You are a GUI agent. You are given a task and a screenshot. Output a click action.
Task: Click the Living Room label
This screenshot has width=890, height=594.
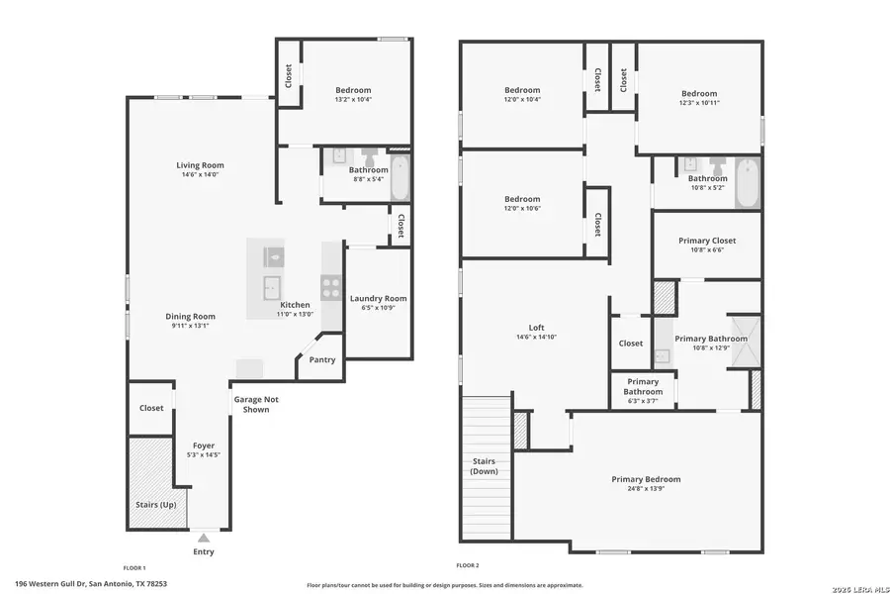coord(200,165)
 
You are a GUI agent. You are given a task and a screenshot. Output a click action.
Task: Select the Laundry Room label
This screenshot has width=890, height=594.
coord(378,298)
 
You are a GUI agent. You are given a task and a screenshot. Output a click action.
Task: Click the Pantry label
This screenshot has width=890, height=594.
coord(322,360)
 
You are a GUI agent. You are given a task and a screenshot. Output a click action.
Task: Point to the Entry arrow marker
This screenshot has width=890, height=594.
coord(203,538)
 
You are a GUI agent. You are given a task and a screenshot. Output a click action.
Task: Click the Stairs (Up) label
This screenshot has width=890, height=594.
coord(155,505)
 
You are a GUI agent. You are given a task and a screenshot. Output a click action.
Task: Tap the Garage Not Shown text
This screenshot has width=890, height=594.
coord(250,404)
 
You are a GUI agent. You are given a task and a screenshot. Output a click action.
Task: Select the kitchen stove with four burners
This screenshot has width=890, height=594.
coord(331,285)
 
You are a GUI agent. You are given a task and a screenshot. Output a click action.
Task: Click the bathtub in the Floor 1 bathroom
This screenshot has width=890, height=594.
coord(399,178)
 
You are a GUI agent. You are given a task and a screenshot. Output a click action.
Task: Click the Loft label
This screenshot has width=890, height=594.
coord(536,328)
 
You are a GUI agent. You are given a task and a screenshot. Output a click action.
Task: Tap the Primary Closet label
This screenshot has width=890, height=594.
coord(706,241)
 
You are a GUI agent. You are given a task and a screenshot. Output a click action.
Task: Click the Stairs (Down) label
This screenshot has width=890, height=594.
coord(484,466)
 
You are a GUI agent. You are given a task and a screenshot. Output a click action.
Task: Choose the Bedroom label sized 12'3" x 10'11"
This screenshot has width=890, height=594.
coord(698,93)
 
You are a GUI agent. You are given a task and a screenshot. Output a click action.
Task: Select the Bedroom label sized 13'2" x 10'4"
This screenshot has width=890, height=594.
coord(352,90)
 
